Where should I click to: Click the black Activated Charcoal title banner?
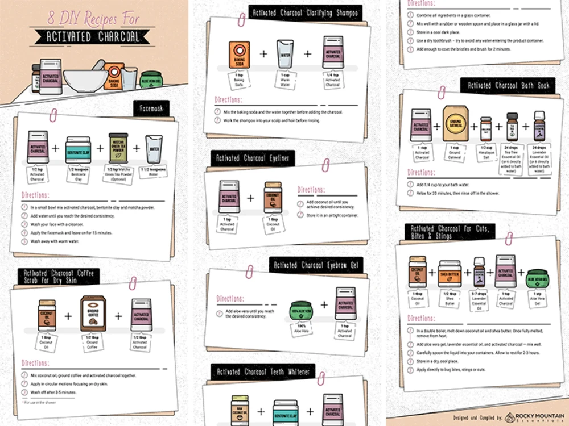(x=86, y=38)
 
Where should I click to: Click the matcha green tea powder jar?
(x=118, y=148)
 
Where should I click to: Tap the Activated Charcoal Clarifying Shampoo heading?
(x=305, y=12)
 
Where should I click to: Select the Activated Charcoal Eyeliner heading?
(x=253, y=158)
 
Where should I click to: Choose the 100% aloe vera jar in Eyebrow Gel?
(x=303, y=311)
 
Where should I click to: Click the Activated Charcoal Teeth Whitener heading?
(x=263, y=372)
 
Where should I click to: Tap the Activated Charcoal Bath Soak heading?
(x=508, y=86)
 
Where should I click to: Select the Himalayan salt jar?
(x=485, y=130)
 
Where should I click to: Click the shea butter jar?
(x=449, y=275)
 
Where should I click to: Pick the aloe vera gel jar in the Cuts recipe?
(x=537, y=276)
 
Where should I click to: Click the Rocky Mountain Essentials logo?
(x=533, y=417)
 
